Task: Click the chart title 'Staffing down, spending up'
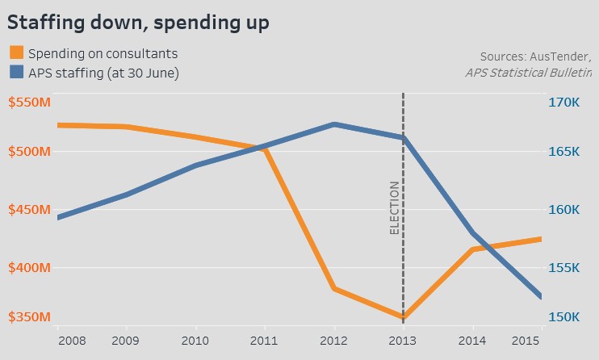(x=137, y=22)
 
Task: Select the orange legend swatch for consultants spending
(x=16, y=54)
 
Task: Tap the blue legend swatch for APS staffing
(x=16, y=73)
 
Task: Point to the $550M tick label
(x=28, y=103)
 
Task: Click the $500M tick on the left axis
(x=28, y=152)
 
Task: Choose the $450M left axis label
(x=28, y=210)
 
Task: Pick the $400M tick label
(x=28, y=267)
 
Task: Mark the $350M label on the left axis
(x=28, y=316)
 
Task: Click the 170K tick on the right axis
(x=564, y=103)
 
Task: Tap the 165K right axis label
(x=564, y=152)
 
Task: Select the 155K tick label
(x=564, y=267)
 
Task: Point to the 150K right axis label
(x=564, y=316)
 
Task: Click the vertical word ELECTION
(x=394, y=207)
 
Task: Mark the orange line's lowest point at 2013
(x=402, y=317)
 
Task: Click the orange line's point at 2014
(x=471, y=249)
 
